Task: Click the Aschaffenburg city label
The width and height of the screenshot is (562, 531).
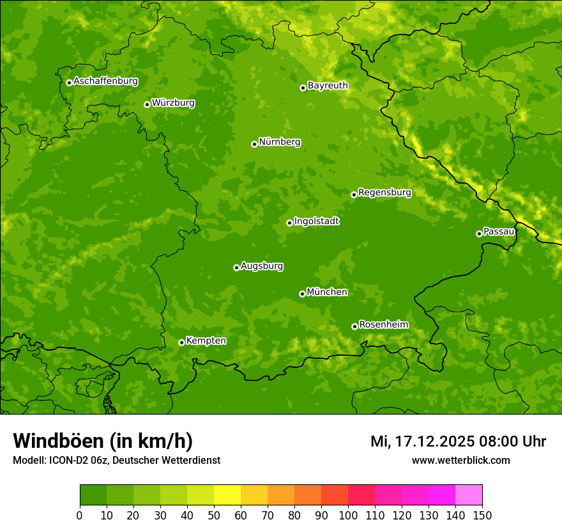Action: (x=105, y=81)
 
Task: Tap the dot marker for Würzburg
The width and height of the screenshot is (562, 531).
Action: (x=147, y=104)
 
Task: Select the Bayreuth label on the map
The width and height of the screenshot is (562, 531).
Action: (x=328, y=86)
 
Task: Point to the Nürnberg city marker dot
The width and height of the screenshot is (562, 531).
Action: (x=254, y=144)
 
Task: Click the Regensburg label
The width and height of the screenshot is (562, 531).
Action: (x=384, y=193)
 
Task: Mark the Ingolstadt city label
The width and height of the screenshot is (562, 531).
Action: (x=316, y=221)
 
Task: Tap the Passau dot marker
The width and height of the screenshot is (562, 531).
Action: (x=479, y=234)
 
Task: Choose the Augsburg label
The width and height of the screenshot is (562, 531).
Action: (x=262, y=266)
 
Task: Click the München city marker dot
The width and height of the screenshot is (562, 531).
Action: (x=302, y=294)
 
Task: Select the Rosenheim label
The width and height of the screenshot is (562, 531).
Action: (x=383, y=325)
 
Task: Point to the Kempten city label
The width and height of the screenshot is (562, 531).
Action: (x=206, y=341)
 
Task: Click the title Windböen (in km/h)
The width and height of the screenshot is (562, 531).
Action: (x=103, y=441)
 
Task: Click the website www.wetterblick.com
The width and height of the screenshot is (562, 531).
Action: (x=460, y=460)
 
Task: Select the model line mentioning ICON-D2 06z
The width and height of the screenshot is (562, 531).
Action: (x=116, y=460)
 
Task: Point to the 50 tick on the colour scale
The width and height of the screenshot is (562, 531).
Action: (x=214, y=514)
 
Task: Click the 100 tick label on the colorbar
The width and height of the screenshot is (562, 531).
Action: (x=348, y=514)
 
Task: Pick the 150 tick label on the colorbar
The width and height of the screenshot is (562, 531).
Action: (x=482, y=514)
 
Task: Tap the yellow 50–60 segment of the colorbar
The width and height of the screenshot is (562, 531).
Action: (x=227, y=495)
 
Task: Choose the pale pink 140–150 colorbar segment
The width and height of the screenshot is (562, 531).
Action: (x=469, y=495)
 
